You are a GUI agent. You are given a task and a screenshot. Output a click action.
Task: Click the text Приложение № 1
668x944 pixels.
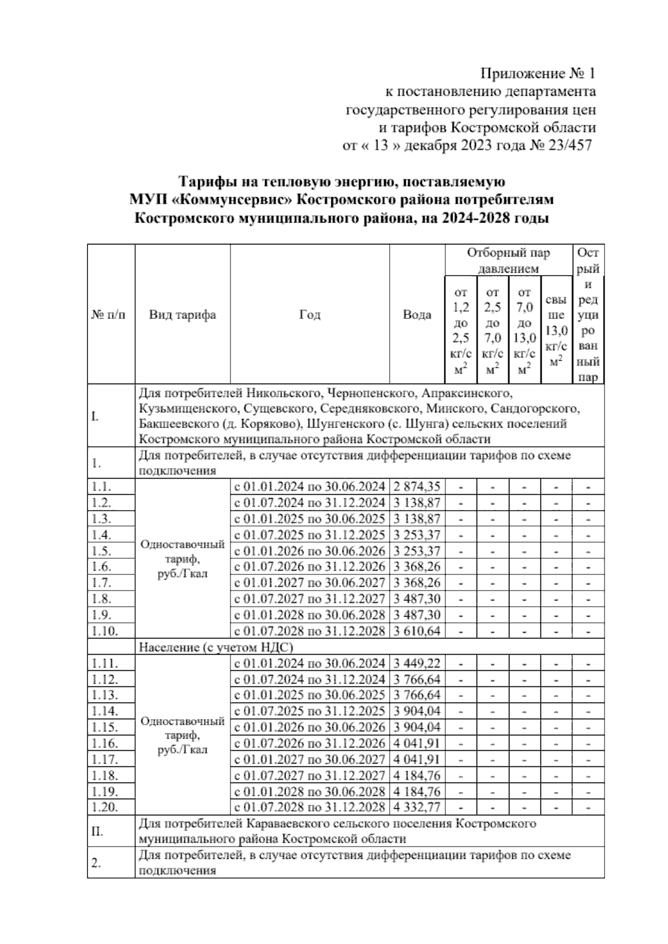[x=538, y=73]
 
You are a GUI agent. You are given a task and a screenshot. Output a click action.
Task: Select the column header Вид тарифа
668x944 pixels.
[x=182, y=315]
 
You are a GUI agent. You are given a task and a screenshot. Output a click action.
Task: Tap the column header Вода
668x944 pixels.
[x=417, y=315]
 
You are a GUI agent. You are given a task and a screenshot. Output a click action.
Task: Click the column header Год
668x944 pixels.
[x=310, y=315]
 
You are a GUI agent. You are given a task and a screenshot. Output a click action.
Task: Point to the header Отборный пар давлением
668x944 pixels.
[x=508, y=260]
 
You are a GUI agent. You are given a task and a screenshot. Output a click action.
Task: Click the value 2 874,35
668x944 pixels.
[x=417, y=487]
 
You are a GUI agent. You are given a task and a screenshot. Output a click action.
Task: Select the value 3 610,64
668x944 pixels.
[x=417, y=631]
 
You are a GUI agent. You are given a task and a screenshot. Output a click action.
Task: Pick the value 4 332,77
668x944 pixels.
[x=417, y=808]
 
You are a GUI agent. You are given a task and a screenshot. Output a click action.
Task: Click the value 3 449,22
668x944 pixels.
[x=417, y=663]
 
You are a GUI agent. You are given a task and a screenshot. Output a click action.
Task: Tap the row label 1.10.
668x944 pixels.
[x=105, y=631]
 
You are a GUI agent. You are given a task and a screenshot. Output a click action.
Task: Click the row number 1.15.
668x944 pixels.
[x=105, y=727]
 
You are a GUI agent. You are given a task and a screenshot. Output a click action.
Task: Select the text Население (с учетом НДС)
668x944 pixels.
[x=215, y=647]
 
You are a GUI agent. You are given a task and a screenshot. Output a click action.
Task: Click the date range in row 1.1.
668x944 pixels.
[x=310, y=487]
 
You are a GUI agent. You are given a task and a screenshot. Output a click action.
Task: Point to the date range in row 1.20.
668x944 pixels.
[x=310, y=808]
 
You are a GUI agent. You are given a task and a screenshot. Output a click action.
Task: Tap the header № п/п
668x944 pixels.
[x=109, y=315]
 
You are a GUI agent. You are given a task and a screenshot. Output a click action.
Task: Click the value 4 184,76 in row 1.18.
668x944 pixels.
[x=417, y=775]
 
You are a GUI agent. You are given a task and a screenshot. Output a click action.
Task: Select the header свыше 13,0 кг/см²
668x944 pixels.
[x=556, y=331]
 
